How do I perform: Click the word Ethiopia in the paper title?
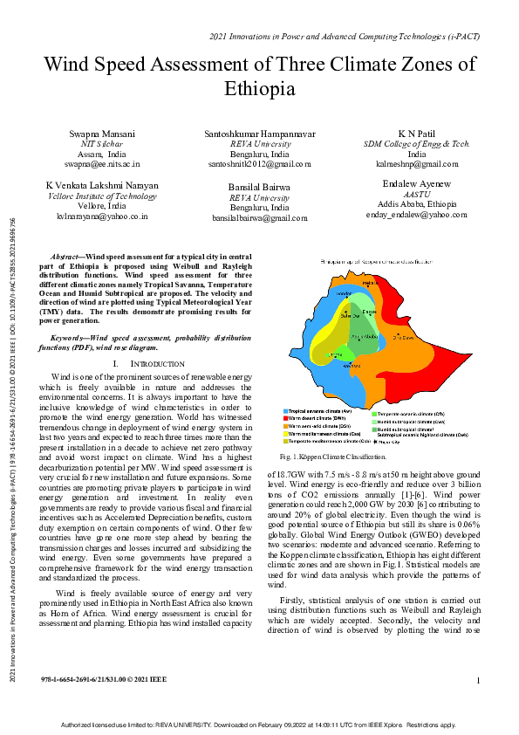[259, 89]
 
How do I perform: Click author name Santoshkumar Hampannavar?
[259, 133]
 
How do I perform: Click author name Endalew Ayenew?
[416, 183]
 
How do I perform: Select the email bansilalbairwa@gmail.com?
[259, 218]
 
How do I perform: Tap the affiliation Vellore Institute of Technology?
[102, 196]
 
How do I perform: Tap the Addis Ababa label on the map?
[364, 336]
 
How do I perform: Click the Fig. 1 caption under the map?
[332, 457]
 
